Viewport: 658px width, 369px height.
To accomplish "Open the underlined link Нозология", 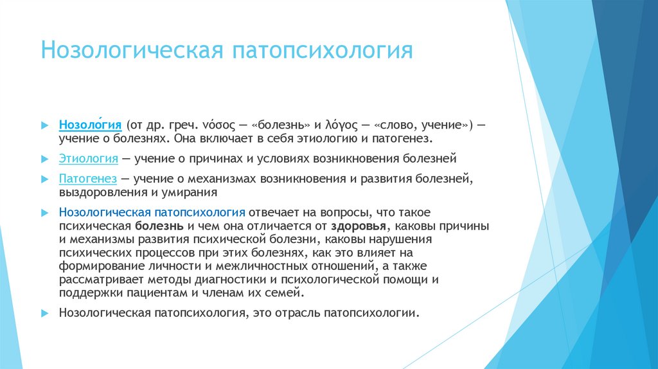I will click(x=91, y=124).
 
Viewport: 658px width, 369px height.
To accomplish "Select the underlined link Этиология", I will click(x=88, y=157).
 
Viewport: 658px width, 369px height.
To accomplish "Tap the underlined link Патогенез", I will click(x=87, y=177).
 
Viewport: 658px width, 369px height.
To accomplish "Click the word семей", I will click(x=283, y=293).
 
